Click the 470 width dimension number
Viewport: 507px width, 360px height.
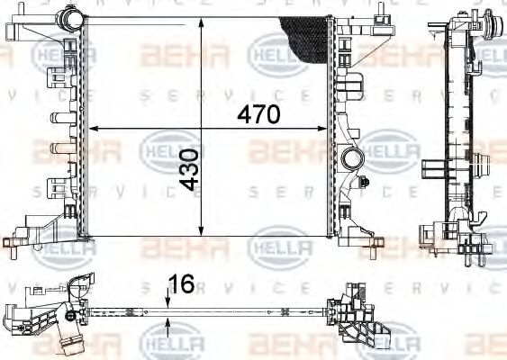tap(259, 115)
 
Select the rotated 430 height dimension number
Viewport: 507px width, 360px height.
tap(189, 169)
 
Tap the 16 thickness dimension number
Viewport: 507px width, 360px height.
tap(181, 284)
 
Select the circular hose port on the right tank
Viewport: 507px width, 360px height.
tap(351, 160)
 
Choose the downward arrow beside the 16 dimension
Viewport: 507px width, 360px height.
tap(169, 299)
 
